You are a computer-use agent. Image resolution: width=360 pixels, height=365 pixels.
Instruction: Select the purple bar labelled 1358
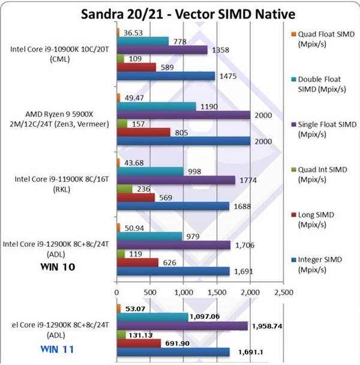tap(162, 50)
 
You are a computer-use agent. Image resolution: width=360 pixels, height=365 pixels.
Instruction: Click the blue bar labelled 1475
tap(166, 76)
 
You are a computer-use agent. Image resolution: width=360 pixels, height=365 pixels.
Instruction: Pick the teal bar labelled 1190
tap(156, 106)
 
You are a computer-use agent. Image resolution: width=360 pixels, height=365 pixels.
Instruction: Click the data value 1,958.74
tap(271, 325)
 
